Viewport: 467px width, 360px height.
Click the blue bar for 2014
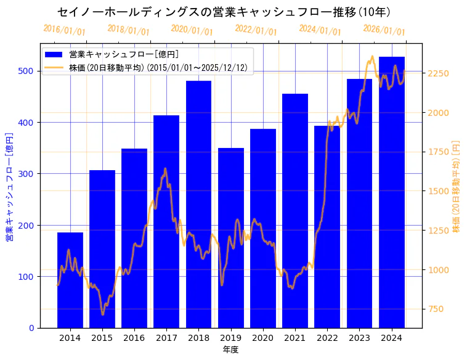70,280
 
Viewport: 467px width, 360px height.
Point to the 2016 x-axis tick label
134,337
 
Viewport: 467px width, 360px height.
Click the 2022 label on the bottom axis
327,337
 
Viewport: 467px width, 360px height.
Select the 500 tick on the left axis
26,71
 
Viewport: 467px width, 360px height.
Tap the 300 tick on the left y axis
26,174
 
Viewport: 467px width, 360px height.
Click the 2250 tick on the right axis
438,73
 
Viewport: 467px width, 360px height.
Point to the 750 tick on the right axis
436,309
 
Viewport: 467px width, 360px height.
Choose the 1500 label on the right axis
438,191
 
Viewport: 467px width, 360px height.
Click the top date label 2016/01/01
64,30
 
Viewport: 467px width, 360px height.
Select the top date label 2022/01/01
256,30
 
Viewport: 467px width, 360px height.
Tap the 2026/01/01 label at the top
384,30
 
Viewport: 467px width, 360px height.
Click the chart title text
224,12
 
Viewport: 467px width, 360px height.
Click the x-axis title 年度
230,350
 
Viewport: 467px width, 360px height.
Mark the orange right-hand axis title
457,186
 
